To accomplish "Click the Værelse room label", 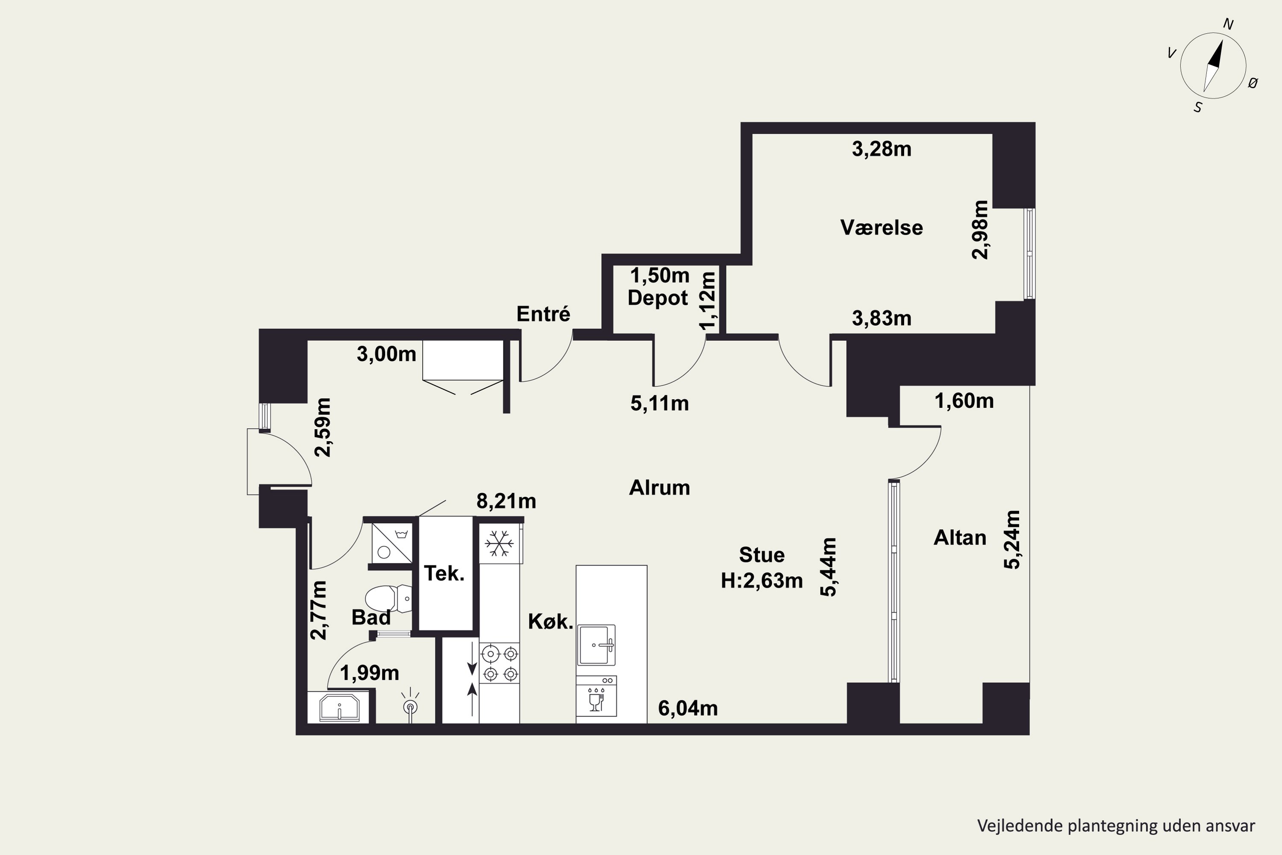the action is pos(881,227).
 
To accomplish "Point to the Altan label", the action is pos(960,538).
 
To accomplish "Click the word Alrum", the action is pos(659,487).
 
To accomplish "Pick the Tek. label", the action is pos(444,573).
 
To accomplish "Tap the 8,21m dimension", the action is pos(506,501).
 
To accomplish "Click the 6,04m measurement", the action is pos(688,708).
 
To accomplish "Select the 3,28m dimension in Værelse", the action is pos(881,149).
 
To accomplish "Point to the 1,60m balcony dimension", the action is pos(964,401).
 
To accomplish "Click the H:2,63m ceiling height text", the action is pos(762,581).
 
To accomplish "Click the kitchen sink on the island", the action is pos(596,645).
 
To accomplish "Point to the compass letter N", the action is pos(1229,24).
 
